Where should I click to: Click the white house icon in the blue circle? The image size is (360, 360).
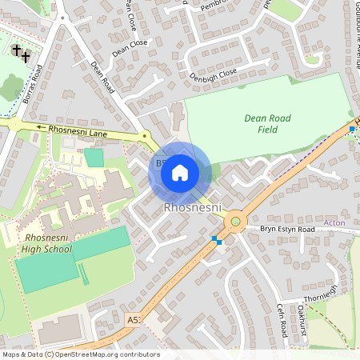179,171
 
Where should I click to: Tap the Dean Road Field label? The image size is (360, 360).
267,123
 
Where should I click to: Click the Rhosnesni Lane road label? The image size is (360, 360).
77,127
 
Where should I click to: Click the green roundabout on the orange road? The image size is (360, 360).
235,222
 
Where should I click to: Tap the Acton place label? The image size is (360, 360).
334,222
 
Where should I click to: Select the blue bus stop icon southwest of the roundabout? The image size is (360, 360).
215,239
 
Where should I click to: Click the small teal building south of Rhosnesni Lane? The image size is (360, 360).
94,157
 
